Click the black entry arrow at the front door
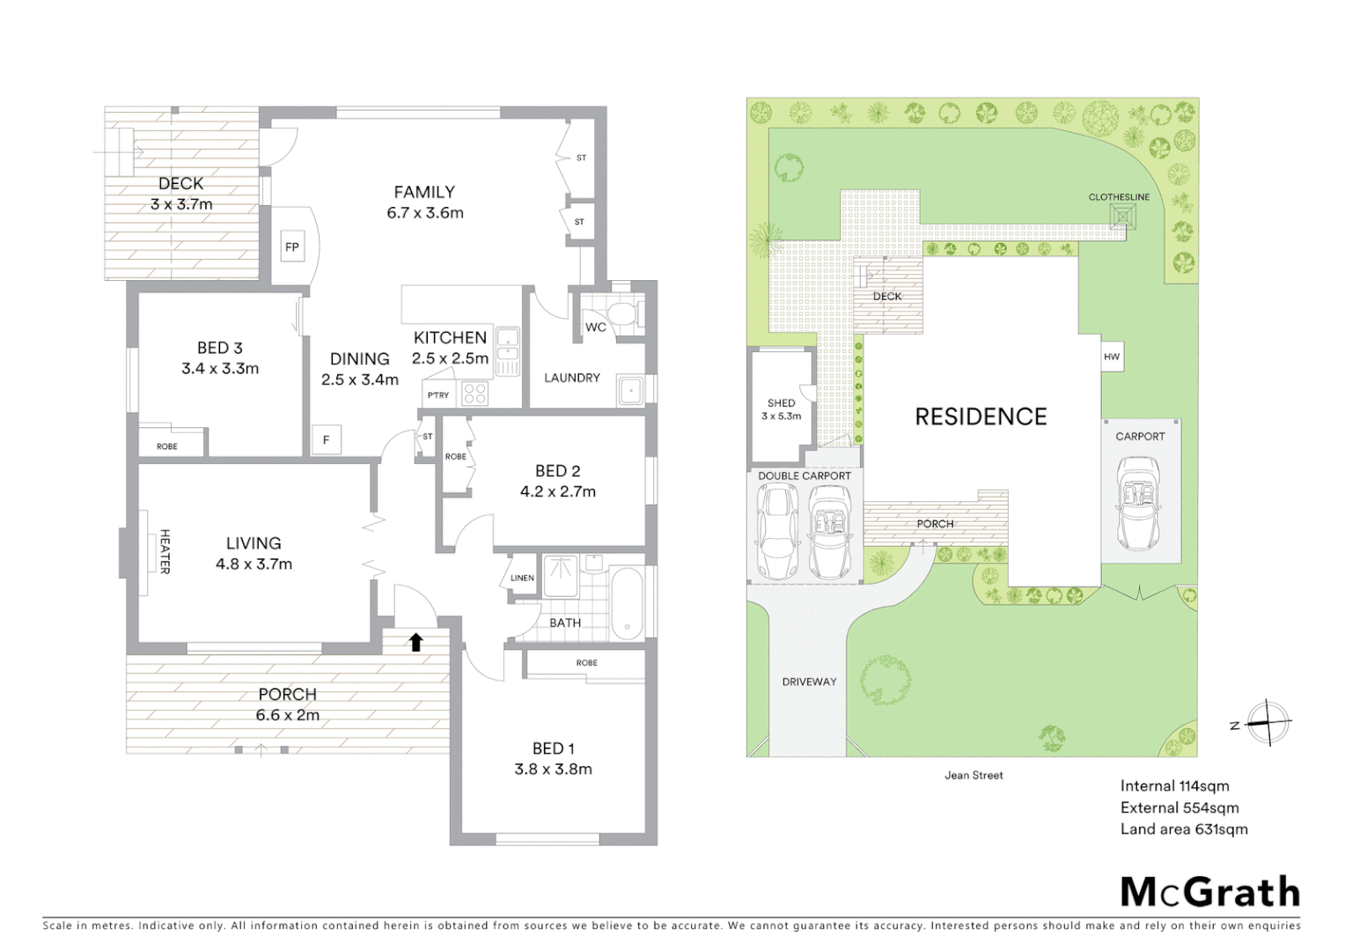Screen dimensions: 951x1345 tap(416, 642)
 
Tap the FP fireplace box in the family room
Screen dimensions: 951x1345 tap(292, 247)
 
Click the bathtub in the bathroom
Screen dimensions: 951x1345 tap(628, 603)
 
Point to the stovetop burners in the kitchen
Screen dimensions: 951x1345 tap(475, 394)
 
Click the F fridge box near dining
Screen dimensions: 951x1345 tap(327, 439)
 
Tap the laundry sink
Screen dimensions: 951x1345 tap(630, 390)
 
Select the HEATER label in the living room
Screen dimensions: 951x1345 tap(165, 551)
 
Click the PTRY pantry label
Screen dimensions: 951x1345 tap(438, 395)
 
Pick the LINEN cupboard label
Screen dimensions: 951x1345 tap(522, 579)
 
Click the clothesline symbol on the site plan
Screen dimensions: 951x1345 tap(1122, 216)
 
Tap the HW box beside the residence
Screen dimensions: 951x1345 tap(1112, 357)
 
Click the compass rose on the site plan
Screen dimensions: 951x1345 tap(1268, 723)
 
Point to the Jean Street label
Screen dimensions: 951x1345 tap(974, 776)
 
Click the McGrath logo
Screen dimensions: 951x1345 tap(1210, 892)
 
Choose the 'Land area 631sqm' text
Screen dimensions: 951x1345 tap(1184, 829)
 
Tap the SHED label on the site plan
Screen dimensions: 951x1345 tap(781, 403)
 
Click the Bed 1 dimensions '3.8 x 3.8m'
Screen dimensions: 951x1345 tap(553, 769)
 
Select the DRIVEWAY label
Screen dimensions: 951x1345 tap(809, 682)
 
